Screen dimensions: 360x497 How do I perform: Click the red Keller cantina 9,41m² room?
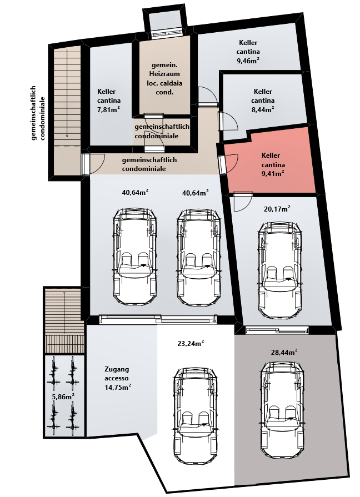269,165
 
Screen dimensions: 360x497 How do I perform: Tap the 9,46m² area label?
248,61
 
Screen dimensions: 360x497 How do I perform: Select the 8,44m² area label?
263,109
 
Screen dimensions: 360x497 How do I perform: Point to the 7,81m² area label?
108,109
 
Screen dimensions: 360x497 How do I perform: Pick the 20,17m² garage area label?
277,209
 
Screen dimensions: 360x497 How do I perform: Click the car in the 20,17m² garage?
280,270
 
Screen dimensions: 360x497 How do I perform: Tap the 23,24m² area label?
191,343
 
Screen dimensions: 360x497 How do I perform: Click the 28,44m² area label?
284,352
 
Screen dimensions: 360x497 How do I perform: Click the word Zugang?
117,369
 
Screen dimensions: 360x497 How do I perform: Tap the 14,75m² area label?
118,387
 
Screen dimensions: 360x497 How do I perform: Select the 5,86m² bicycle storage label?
63,396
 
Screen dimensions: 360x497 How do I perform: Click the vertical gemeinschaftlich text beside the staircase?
34,113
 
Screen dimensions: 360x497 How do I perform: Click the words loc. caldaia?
164,83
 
